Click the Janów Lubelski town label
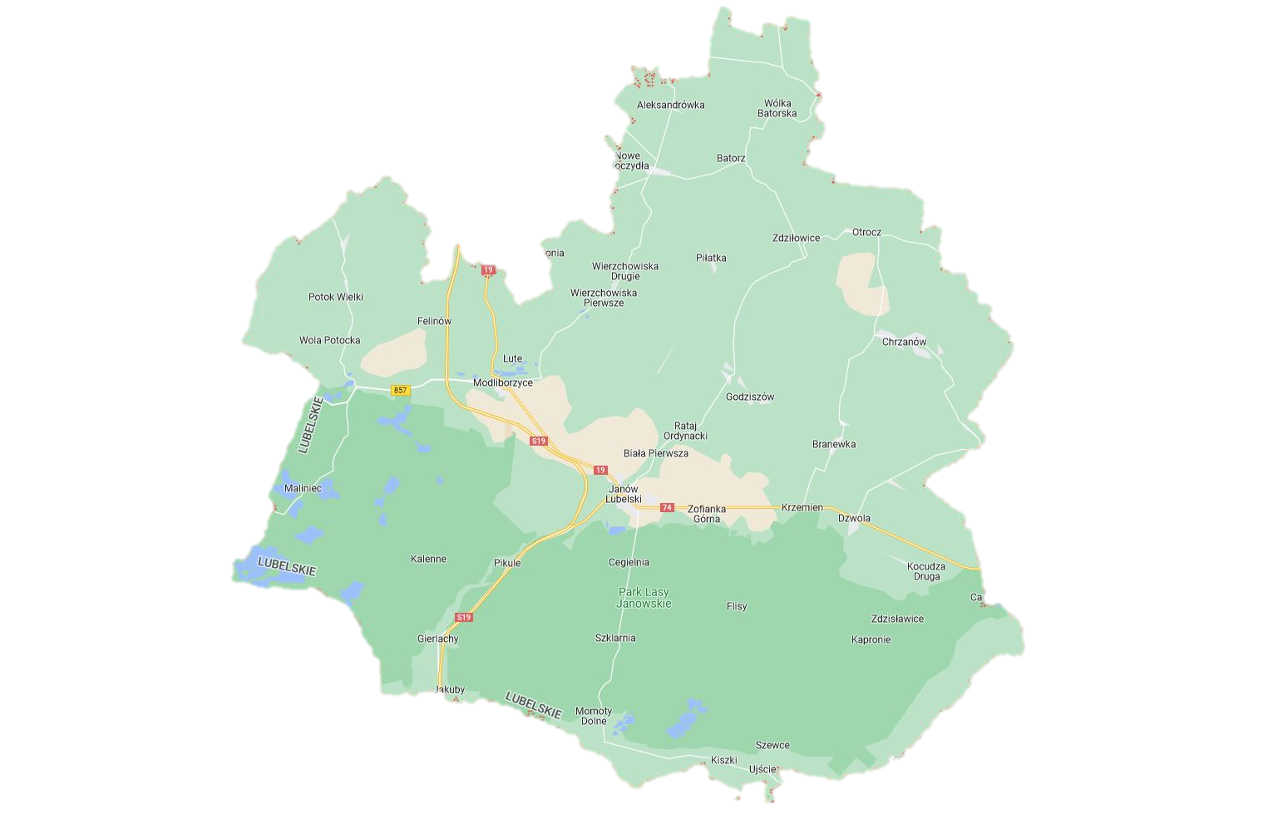point(622,494)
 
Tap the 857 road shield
point(401,390)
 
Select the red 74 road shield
point(666,507)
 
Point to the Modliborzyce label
point(502,382)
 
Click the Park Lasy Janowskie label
point(644,598)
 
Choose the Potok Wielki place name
point(335,297)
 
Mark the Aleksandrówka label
point(670,106)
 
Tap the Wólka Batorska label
point(777,108)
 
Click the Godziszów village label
point(749,397)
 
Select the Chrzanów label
point(903,342)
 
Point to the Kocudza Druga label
point(925,571)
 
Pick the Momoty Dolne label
point(594,716)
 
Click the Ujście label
point(762,769)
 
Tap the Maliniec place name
point(303,488)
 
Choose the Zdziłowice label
point(796,238)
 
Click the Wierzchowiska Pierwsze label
point(604,298)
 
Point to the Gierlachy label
point(437,639)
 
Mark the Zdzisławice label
point(897,619)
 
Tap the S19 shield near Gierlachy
point(464,617)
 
